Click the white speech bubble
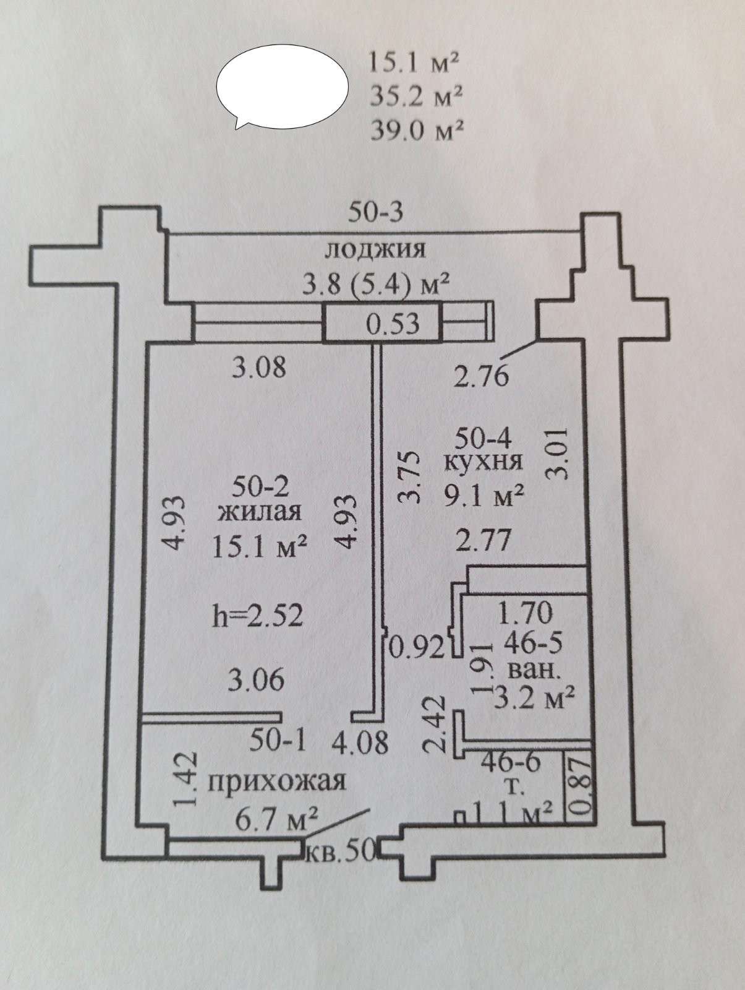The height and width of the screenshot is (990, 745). pos(283,87)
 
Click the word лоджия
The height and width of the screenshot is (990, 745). pos(375,249)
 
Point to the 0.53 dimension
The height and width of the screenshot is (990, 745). pos(392,324)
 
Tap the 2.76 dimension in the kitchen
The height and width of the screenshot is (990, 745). pos(481,376)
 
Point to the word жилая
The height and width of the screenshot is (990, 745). pos(260,512)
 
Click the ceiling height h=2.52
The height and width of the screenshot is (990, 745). pos(258,615)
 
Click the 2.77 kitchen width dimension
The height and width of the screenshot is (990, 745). pos(483,540)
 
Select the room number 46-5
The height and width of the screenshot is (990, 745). pos(533,643)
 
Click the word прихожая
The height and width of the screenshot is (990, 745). pos(276,794)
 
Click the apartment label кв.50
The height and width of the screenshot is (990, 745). pos(340,852)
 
